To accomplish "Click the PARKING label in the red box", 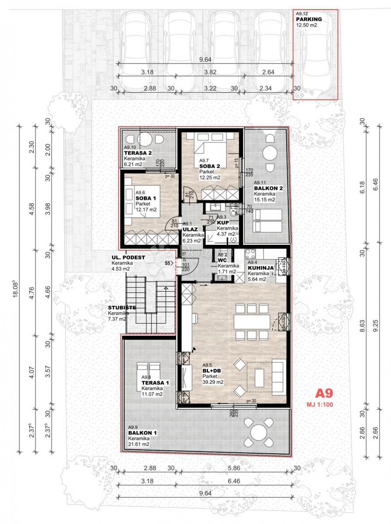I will (x=309, y=20).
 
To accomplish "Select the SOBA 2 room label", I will (x=209, y=166).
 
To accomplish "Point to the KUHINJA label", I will (x=261, y=268).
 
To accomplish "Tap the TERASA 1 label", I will (x=155, y=383).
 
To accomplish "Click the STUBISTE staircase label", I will (x=122, y=307).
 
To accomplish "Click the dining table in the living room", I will (x=252, y=322).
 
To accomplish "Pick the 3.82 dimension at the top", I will (x=205, y=72).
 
